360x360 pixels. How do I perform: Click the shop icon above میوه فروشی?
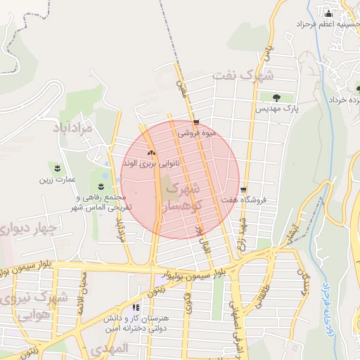[x=195, y=121]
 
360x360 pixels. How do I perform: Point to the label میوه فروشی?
[x=197, y=132]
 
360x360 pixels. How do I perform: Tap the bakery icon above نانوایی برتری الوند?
[x=151, y=152]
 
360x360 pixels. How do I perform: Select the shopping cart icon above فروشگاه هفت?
[x=243, y=190]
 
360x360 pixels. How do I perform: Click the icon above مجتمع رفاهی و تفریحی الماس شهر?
[x=102, y=186]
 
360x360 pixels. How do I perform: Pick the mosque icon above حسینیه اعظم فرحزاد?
[x=328, y=13]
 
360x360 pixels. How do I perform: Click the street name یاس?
[x=266, y=50]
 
